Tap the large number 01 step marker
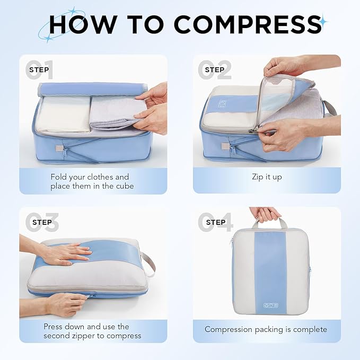tap(40, 71)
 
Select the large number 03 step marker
tap(40, 223)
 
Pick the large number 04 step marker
tap(214, 223)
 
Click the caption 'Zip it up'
tap(267, 177)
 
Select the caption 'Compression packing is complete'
tap(266, 329)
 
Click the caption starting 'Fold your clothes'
tap(90, 181)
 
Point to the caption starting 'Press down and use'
tap(92, 331)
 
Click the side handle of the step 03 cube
tap(149, 263)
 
